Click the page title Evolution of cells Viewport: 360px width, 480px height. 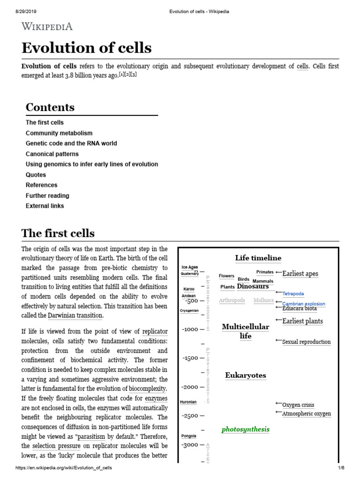click(x=87, y=48)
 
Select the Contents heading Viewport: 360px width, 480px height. click(x=50, y=107)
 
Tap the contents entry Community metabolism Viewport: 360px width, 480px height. click(x=59, y=133)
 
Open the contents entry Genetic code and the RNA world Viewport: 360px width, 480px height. click(x=71, y=143)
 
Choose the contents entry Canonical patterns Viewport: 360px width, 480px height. click(x=52, y=154)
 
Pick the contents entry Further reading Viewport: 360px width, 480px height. click(x=47, y=195)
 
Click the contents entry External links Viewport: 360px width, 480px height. click(x=45, y=206)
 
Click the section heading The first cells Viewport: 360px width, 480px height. click(x=58, y=233)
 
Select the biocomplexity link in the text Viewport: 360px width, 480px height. click(x=148, y=389)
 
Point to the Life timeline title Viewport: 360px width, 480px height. click(x=258, y=258)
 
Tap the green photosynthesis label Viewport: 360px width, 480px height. click(x=246, y=429)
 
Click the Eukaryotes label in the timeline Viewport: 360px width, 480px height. click(x=246, y=375)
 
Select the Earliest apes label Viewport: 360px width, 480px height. click(x=300, y=274)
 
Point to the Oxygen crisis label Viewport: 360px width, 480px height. click(x=298, y=405)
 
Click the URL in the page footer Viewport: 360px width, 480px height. click(x=64, y=468)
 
